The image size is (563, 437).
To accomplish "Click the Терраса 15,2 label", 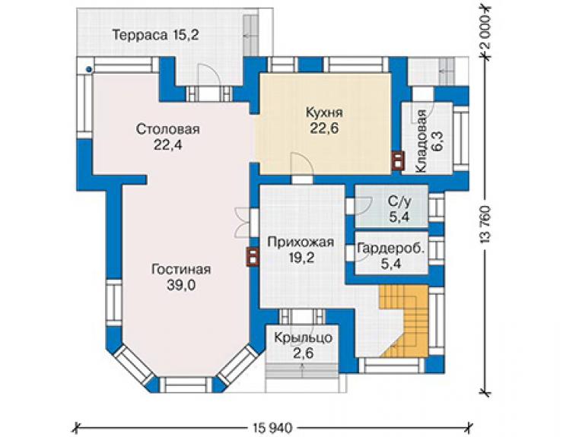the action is (x=156, y=35).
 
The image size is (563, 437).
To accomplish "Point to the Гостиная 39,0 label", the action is (x=181, y=277).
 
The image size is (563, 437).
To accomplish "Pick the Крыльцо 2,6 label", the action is (x=304, y=346).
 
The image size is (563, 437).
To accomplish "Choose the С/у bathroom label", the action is (x=399, y=210).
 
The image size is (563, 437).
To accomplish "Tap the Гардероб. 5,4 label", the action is (x=391, y=256).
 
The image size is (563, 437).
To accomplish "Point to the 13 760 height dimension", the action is (x=485, y=225).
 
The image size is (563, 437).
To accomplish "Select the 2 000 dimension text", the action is (x=485, y=33).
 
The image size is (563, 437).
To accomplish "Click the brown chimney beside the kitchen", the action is (x=398, y=160).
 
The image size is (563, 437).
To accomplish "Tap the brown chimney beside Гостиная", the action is (x=253, y=257).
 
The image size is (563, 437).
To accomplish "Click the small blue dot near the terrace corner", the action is (x=88, y=70).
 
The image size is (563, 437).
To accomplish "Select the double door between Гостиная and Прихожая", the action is (x=243, y=222).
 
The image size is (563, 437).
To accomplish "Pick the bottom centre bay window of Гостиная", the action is (x=185, y=385).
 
